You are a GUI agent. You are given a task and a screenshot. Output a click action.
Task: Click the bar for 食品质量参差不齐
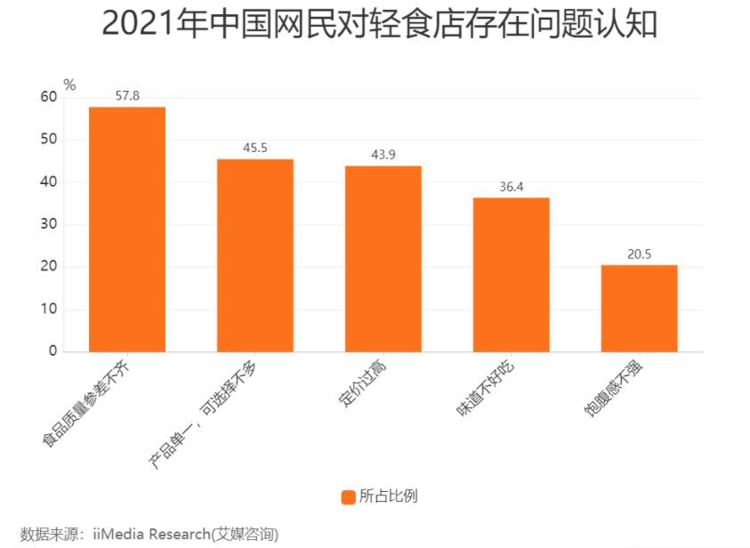coord(127,230)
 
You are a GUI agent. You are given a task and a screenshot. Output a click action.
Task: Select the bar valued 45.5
coord(255,255)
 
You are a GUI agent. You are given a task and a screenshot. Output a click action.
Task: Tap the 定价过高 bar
coord(383,259)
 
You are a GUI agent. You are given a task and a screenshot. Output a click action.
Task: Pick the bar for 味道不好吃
coord(512,275)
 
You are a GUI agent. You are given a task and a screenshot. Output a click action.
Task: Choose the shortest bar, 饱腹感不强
coord(639,309)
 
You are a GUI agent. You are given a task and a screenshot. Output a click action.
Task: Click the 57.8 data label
coord(127,95)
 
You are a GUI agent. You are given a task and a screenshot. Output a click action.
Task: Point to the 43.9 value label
coord(383,155)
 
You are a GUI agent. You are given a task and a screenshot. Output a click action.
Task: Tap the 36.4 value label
coord(512,187)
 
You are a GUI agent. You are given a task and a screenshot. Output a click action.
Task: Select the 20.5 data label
coord(639,254)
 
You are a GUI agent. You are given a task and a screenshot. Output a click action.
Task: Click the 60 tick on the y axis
coord(48,97)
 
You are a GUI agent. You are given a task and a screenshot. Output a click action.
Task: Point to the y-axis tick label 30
coord(48,224)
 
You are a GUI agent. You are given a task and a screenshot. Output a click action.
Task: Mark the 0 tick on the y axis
coord(52,351)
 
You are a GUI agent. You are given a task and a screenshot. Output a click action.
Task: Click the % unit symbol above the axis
coord(69,85)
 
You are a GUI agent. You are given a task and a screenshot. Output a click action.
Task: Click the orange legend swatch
coord(349,496)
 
